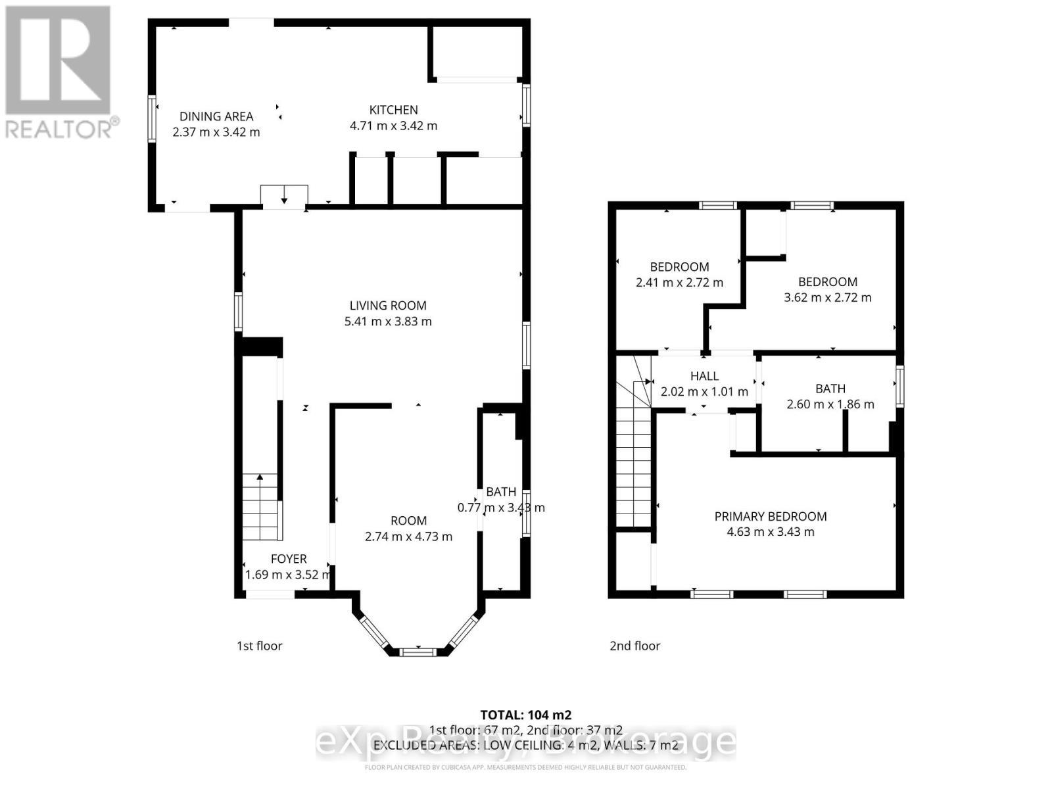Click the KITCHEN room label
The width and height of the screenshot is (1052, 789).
pyautogui.click(x=393, y=110)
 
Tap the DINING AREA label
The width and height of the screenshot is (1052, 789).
pyautogui.click(x=216, y=116)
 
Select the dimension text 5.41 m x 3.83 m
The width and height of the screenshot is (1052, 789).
pyautogui.click(x=388, y=322)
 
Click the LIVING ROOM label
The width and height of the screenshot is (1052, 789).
pyautogui.click(x=388, y=306)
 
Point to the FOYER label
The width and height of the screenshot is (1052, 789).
pyautogui.click(x=289, y=559)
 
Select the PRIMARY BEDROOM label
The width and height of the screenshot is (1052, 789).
pyautogui.click(x=771, y=516)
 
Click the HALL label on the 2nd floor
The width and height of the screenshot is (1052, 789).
pyautogui.click(x=704, y=376)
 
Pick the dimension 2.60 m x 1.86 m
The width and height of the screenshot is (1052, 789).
pyautogui.click(x=830, y=404)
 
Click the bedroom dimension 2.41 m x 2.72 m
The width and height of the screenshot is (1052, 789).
pyautogui.click(x=679, y=283)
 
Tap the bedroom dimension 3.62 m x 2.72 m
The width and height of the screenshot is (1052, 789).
pyautogui.click(x=828, y=298)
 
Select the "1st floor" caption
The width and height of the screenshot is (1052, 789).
pyautogui.click(x=260, y=646)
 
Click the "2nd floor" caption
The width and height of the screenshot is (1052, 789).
pyautogui.click(x=634, y=646)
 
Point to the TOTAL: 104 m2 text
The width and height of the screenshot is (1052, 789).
pyautogui.click(x=525, y=715)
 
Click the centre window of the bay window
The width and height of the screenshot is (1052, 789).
pyautogui.click(x=418, y=652)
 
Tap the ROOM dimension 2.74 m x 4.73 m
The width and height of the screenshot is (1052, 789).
pyautogui.click(x=408, y=537)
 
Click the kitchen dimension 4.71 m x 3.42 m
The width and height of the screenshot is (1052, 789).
pyautogui.click(x=393, y=126)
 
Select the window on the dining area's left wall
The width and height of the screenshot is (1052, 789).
pyautogui.click(x=152, y=118)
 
